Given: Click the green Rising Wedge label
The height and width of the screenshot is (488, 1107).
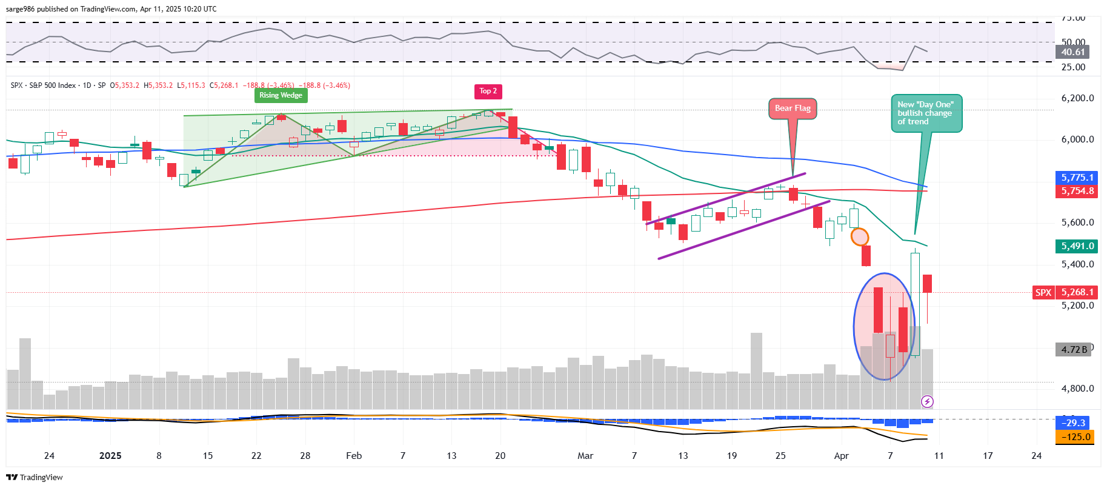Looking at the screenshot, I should click(281, 95).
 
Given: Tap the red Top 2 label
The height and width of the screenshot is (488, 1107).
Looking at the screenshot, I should click(488, 92).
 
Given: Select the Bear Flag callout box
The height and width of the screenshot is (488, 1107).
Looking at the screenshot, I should click(793, 109).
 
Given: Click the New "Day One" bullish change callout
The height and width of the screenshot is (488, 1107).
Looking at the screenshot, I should click(926, 113).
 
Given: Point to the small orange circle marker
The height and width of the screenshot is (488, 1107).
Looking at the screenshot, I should click(859, 236).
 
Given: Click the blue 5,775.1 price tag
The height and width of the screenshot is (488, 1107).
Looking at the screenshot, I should click(1077, 178).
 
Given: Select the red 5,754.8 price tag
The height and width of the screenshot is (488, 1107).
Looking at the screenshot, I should click(1077, 191).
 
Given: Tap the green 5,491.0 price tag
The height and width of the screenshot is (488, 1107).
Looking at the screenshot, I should click(1077, 246).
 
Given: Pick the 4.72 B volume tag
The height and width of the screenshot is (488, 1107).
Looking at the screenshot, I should click(1074, 350).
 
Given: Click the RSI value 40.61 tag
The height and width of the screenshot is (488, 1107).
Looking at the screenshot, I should click(1072, 52).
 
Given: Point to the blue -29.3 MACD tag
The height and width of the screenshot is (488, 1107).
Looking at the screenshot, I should click(1075, 423).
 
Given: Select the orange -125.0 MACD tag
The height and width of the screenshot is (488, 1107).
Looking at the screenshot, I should click(1075, 437).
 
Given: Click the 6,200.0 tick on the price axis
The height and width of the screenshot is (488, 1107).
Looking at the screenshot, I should click(1077, 98).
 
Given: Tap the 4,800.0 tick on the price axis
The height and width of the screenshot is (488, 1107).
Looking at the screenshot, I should click(1077, 389).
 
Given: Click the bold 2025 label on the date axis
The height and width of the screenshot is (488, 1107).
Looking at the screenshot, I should click(110, 456).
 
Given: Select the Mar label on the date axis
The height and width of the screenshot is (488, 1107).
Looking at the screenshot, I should click(585, 456).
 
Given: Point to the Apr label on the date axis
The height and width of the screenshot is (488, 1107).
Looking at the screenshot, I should click(841, 456).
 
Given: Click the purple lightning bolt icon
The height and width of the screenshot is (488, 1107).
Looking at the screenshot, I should click(927, 401).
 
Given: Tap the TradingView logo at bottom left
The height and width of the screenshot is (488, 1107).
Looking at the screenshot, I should click(35, 478).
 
